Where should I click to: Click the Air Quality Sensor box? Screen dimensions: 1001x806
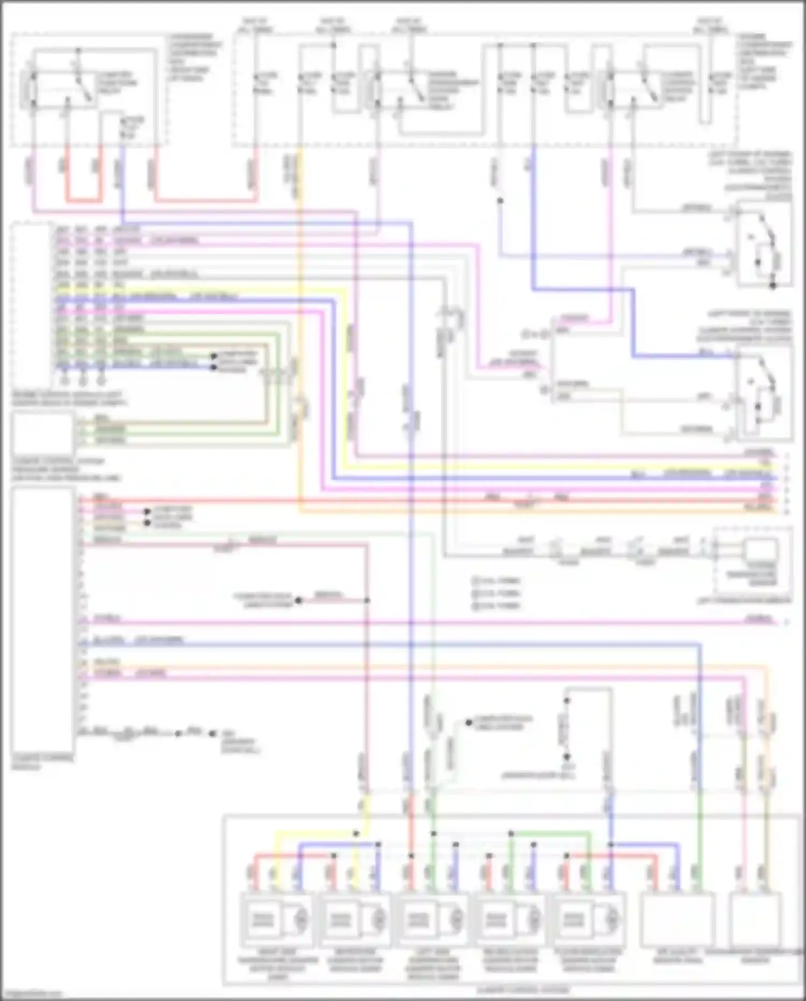point(677,920)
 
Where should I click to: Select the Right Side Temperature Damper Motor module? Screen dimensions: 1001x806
point(276,920)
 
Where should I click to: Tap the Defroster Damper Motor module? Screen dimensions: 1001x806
point(355,920)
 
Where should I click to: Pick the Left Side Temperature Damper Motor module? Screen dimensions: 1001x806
point(433,920)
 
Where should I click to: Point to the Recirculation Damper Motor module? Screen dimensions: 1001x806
point(510,920)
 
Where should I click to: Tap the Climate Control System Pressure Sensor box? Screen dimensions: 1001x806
point(42,434)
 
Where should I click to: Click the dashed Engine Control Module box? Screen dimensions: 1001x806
point(32,301)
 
